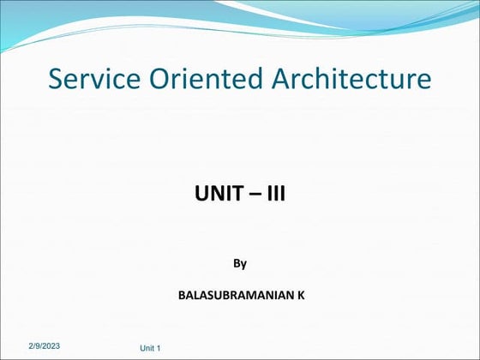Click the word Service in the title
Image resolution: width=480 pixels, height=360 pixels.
pyautogui.click(x=87, y=80)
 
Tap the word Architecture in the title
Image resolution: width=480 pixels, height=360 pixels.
pyautogui.click(x=351, y=80)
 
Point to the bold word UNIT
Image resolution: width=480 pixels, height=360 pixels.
pyautogui.click(x=217, y=195)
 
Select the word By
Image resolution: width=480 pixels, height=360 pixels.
pyautogui.click(x=240, y=263)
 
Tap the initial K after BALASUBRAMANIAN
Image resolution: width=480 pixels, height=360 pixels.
pyautogui.click(x=301, y=295)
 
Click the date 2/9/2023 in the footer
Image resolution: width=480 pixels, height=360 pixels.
pyautogui.click(x=44, y=344)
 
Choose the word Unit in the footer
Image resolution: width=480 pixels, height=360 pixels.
pyautogui.click(x=147, y=348)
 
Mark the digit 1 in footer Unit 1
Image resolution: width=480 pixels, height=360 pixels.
pyautogui.click(x=159, y=348)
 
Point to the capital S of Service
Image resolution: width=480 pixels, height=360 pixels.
pyautogui.click(x=57, y=80)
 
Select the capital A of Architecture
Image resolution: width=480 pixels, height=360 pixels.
pyautogui.click(x=282, y=80)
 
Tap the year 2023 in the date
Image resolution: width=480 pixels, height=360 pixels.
pyautogui.click(x=51, y=344)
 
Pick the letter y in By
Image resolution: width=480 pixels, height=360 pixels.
pyautogui.click(x=243, y=264)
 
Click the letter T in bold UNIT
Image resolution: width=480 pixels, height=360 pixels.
pyautogui.click(x=234, y=195)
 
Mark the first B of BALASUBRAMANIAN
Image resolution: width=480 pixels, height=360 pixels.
pyautogui.click(x=181, y=295)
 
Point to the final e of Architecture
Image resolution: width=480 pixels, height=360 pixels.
pyautogui.click(x=424, y=81)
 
